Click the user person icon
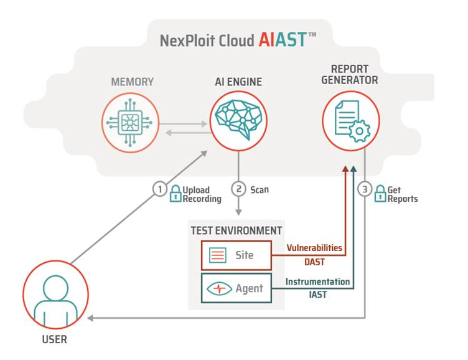55,294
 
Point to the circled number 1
160,189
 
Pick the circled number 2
238,189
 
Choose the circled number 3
365,189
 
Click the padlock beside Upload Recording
175,194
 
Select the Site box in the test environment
236,255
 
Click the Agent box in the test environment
236,288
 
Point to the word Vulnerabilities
314,248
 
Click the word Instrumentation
317,282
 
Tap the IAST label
319,295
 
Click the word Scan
260,189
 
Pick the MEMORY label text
132,82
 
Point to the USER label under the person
55,340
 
